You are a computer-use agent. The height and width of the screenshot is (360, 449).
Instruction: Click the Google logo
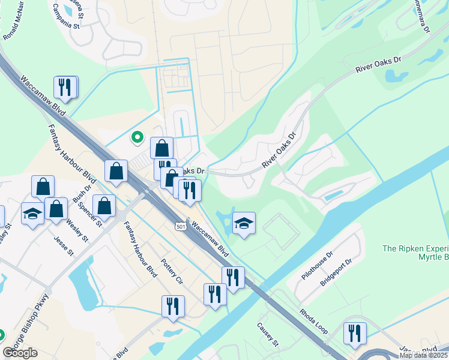[x=20, y=353]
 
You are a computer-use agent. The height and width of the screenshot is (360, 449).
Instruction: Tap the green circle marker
[x=137, y=137]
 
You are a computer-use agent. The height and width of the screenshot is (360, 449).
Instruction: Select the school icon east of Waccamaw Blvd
[x=244, y=223]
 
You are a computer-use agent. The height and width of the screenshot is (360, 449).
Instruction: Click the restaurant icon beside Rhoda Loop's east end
[x=355, y=333]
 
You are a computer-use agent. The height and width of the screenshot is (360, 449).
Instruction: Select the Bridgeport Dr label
[x=335, y=272]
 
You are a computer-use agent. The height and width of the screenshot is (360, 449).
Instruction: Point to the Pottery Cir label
[x=171, y=272]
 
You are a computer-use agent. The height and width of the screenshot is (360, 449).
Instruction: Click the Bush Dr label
[x=82, y=192]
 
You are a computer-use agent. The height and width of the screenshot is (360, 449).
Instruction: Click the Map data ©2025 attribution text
[x=424, y=355]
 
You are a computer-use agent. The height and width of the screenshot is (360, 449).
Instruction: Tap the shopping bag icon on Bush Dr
[x=104, y=205]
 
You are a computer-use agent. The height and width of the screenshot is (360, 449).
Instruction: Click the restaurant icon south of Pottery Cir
[x=173, y=305]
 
